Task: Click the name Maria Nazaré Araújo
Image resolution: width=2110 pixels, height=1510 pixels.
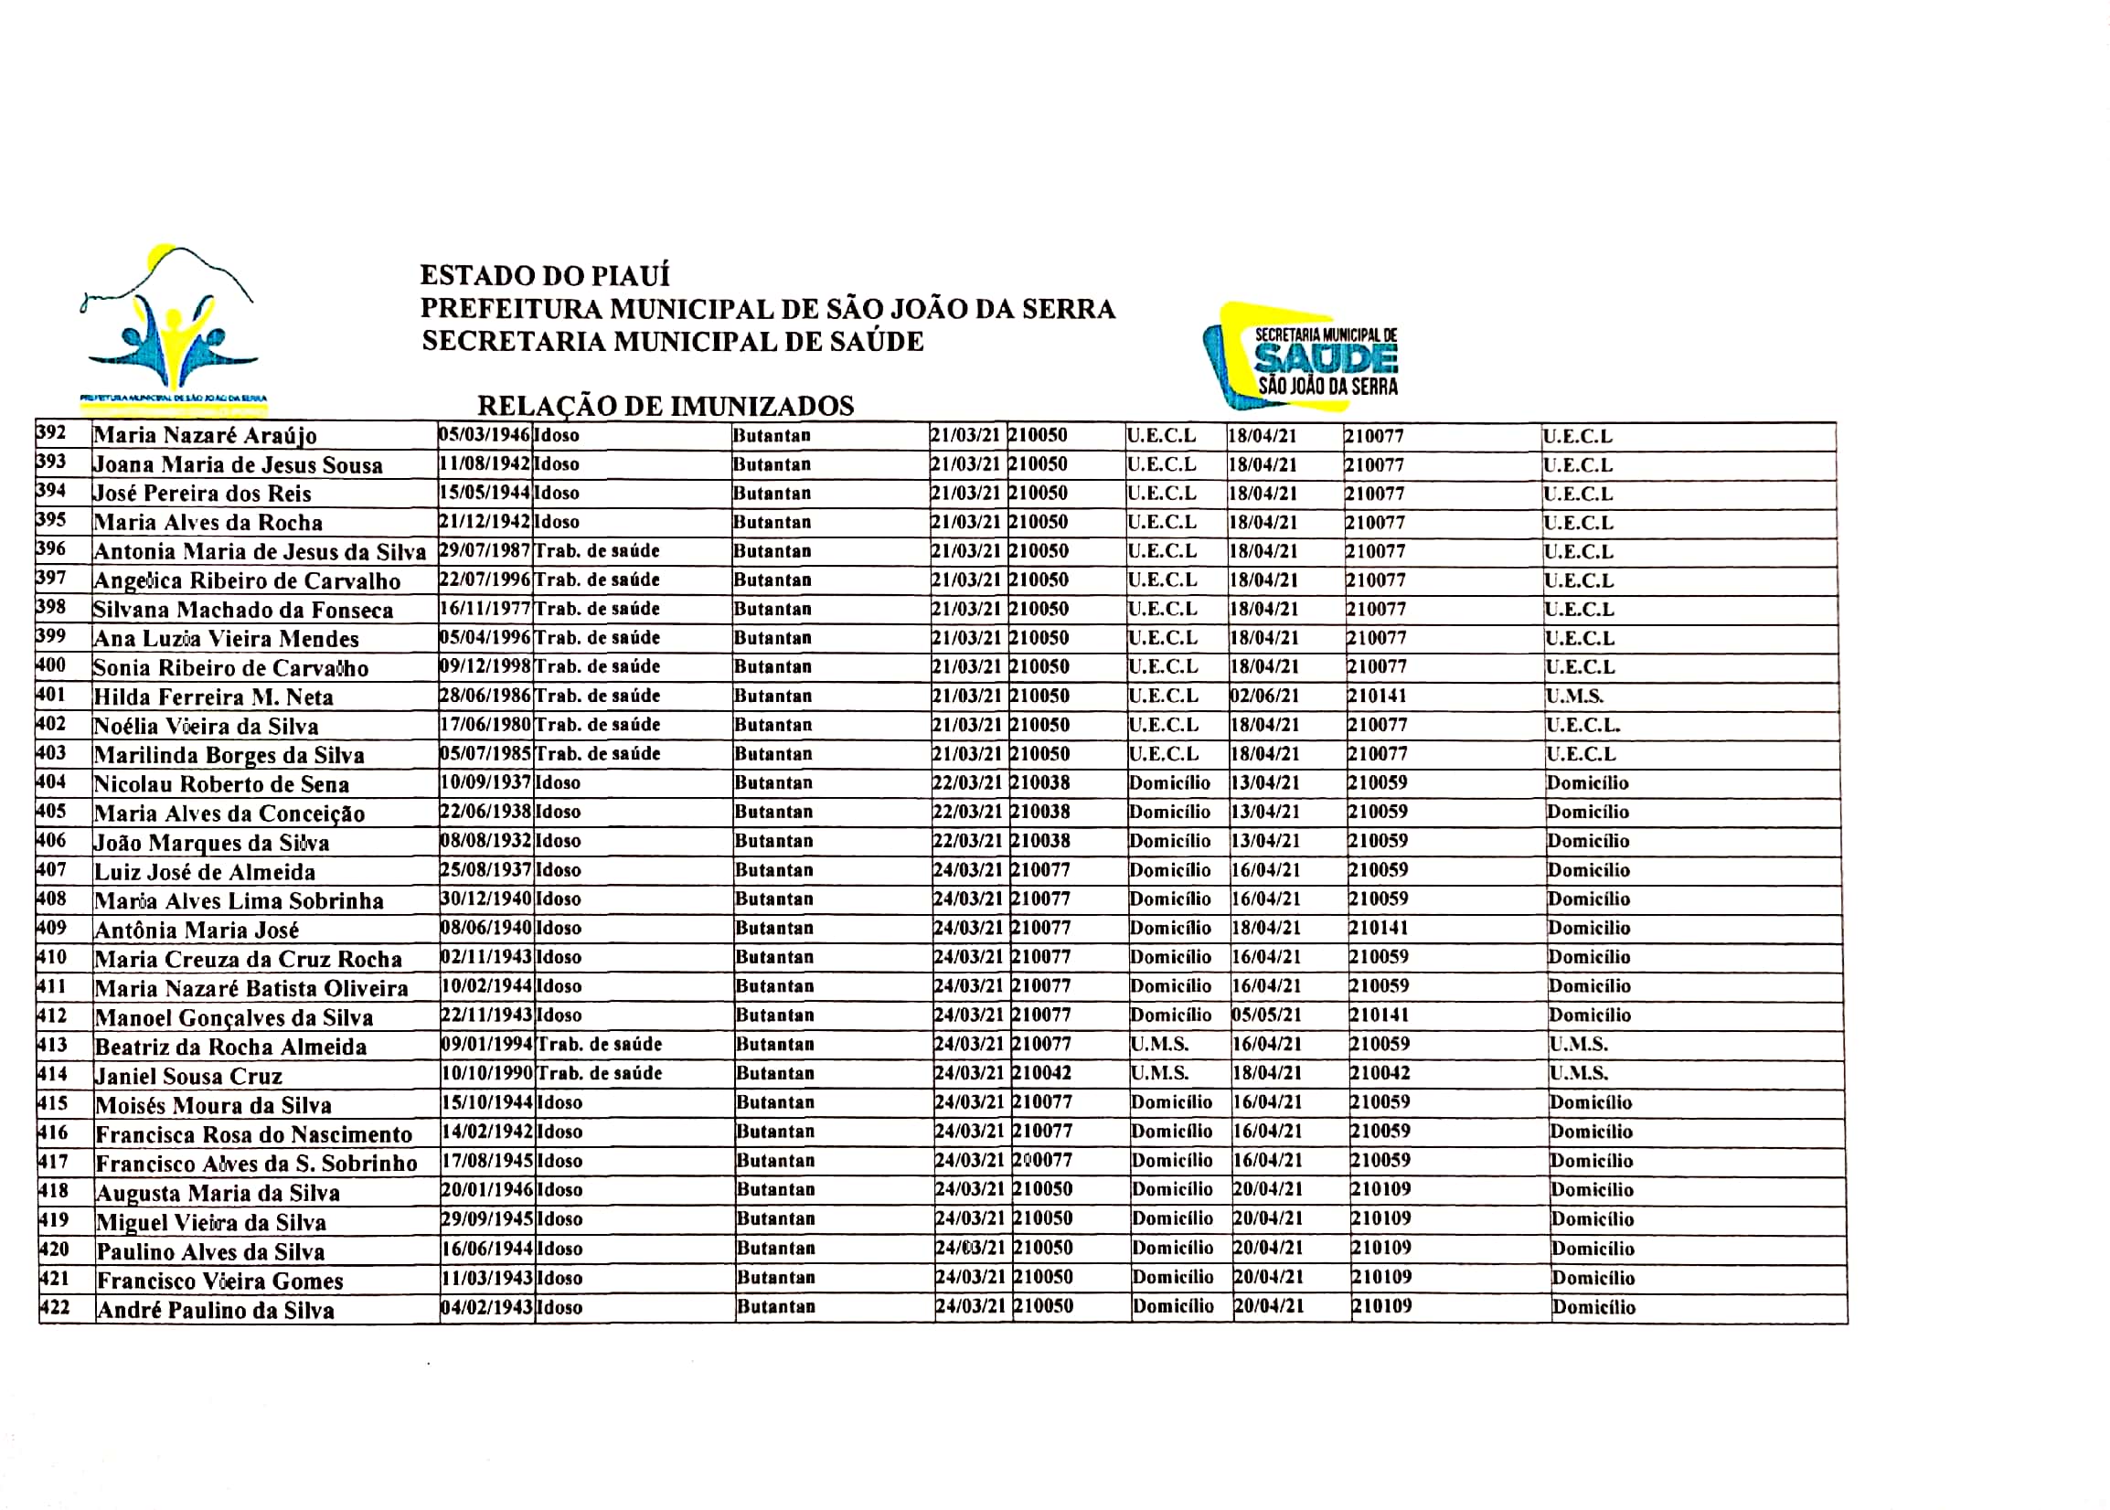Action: pyautogui.click(x=205, y=436)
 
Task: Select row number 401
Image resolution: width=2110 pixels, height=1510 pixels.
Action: pyautogui.click(x=51, y=695)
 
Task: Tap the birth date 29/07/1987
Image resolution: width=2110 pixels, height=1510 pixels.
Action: pyautogui.click(x=485, y=550)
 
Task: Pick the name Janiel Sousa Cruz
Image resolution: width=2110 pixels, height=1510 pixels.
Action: pyautogui.click(x=188, y=1077)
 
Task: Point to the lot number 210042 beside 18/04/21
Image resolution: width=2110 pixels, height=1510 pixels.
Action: pyautogui.click(x=1380, y=1073)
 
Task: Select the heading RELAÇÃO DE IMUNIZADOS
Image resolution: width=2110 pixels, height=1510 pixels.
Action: pyautogui.click(x=665, y=407)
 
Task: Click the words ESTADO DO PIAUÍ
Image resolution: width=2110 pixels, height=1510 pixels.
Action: pyautogui.click(x=544, y=275)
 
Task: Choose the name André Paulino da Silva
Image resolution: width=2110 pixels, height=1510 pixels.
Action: pyautogui.click(x=216, y=1310)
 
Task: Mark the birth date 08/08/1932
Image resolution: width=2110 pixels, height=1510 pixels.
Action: pyautogui.click(x=485, y=841)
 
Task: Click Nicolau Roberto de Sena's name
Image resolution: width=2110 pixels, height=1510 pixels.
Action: pyautogui.click(x=221, y=785)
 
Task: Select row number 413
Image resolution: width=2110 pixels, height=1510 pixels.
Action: pyautogui.click(x=53, y=1044)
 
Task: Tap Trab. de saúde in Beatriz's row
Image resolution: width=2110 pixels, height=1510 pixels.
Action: pyautogui.click(x=600, y=1044)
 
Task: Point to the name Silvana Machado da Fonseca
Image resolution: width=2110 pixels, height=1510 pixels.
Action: pyautogui.click(x=242, y=611)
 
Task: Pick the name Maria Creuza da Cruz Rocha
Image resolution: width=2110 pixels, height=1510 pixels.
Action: pyautogui.click(x=249, y=960)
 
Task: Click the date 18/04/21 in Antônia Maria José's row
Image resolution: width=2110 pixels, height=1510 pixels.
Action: pyautogui.click(x=1265, y=928)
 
